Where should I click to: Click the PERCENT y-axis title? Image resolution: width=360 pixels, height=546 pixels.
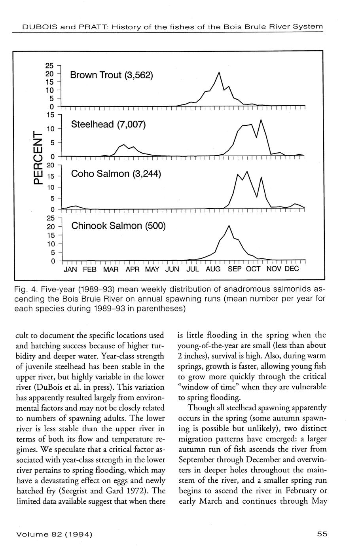[37, 158]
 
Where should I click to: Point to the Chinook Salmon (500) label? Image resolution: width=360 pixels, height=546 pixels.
[118, 226]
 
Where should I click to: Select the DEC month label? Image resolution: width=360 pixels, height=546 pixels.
[292, 269]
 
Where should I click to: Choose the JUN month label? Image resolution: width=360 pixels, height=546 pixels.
[172, 269]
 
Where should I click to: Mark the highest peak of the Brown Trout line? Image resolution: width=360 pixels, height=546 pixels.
[219, 72]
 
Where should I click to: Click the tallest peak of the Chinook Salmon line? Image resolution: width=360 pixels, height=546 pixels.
[229, 226]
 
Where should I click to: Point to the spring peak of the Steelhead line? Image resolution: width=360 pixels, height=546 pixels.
[124, 145]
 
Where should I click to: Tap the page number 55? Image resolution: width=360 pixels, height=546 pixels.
[322, 534]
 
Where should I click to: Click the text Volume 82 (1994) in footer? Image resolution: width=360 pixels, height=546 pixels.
[55, 534]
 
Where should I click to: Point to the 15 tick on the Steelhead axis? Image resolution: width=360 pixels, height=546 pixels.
[50, 115]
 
